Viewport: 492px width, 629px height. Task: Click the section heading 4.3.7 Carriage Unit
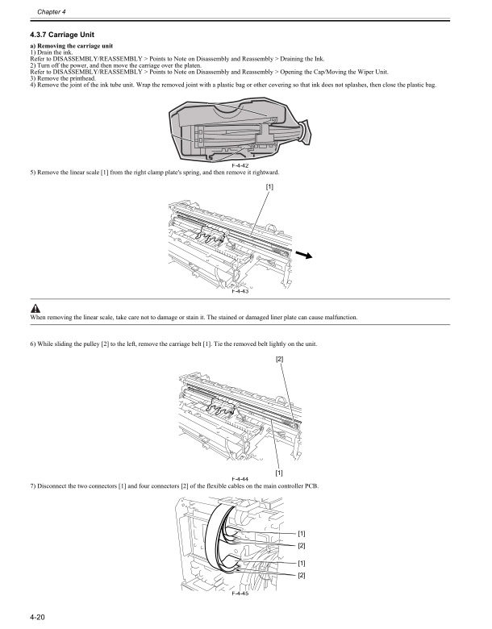(62, 35)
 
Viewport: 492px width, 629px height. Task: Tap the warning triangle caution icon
(35, 310)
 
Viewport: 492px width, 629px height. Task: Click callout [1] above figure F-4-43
(269, 187)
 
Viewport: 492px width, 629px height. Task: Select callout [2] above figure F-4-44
(279, 357)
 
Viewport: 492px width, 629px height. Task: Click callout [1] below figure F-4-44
(278, 472)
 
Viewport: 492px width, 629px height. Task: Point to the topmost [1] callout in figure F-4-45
(302, 533)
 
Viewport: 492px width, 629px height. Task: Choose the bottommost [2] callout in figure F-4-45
(302, 575)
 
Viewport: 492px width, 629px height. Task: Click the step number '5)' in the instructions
(32, 173)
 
